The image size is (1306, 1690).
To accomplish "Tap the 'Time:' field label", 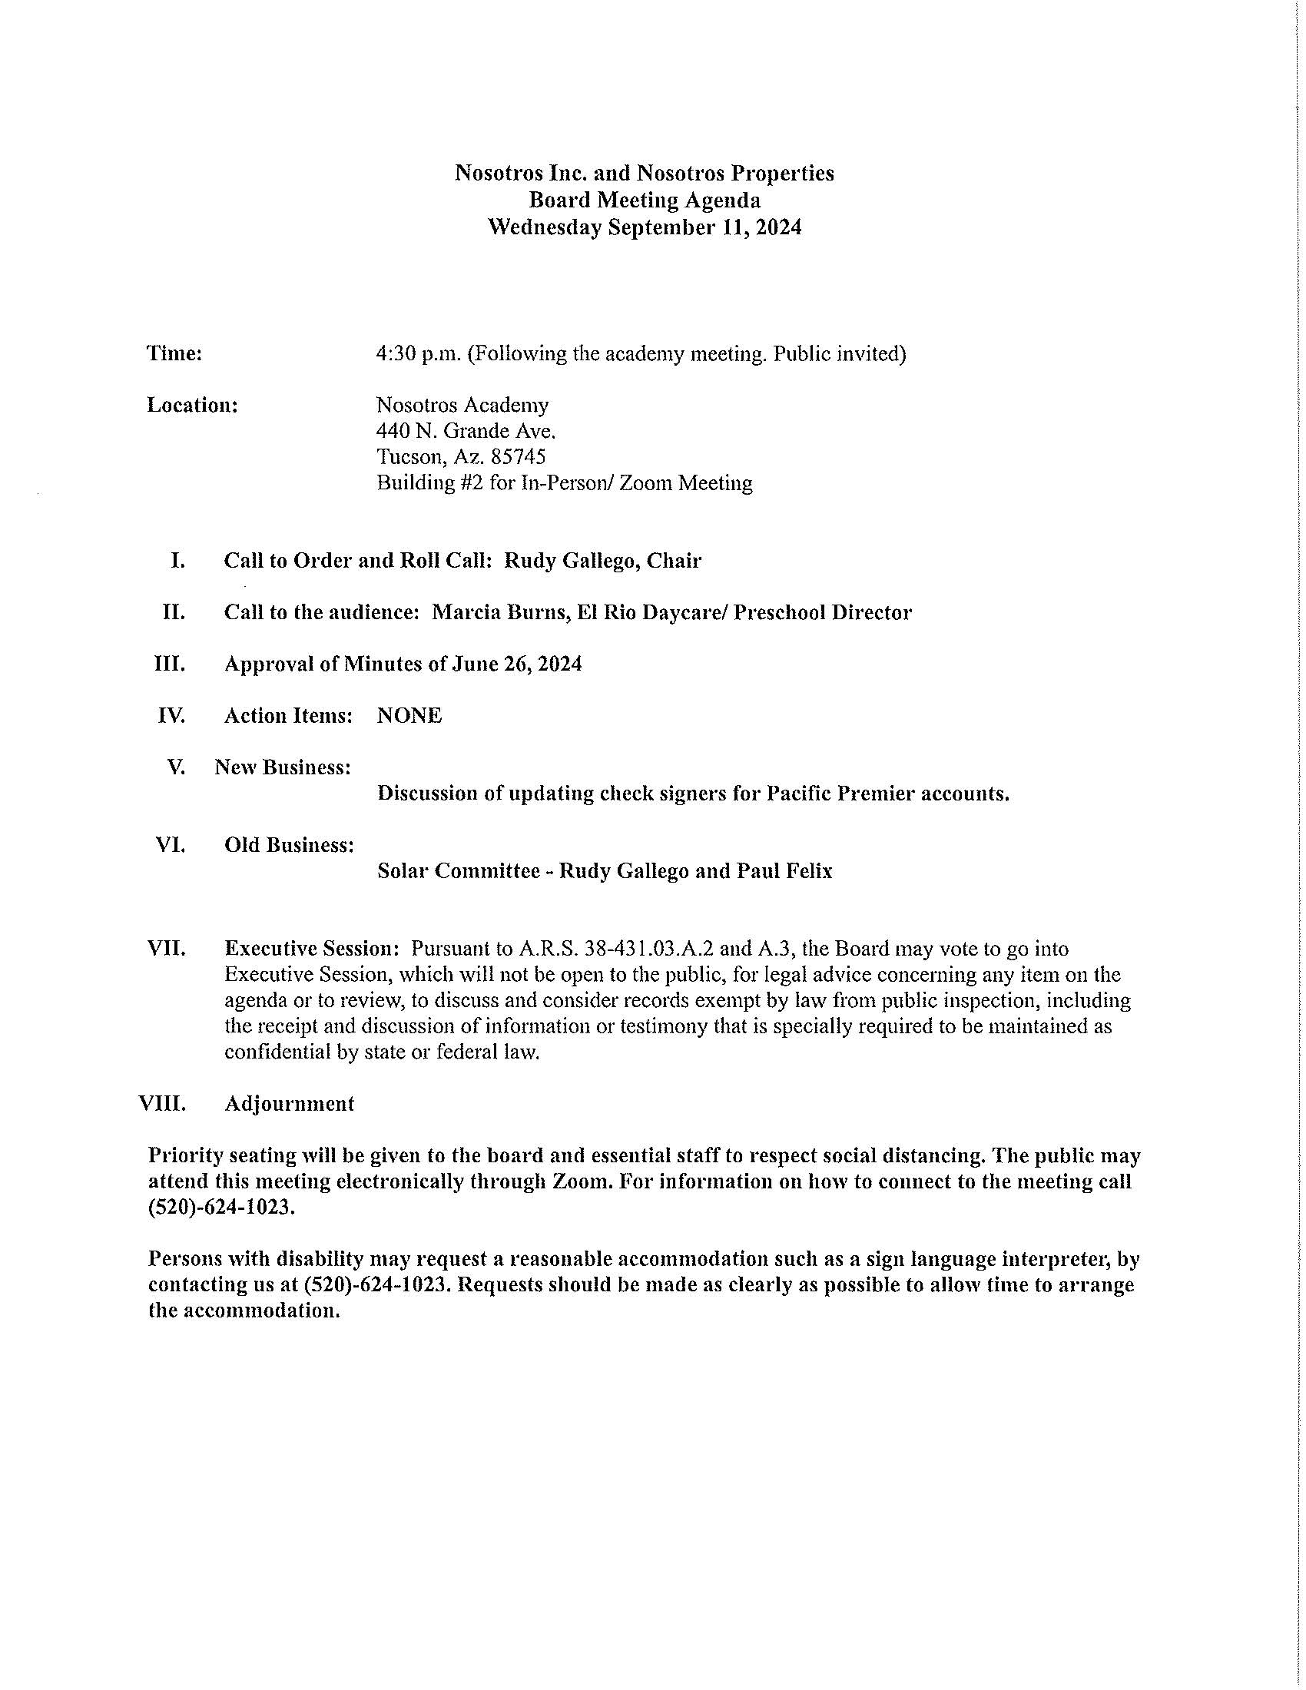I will [174, 353].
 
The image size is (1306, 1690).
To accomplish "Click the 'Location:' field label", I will [192, 405].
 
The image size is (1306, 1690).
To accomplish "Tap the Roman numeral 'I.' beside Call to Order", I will [177, 560].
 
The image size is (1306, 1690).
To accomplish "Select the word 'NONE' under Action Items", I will [409, 716].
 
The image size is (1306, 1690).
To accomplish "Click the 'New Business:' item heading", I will [283, 767].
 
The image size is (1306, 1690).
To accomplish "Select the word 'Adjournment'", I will [289, 1103].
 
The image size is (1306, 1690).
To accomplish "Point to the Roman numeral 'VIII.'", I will [161, 1103].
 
